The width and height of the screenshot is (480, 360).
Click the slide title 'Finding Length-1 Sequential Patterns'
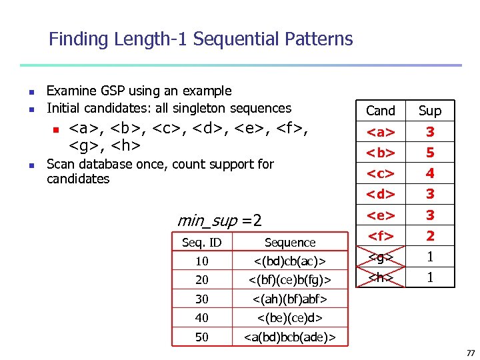pyautogui.click(x=201, y=39)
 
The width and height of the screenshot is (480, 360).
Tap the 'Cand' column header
pyautogui.click(x=381, y=111)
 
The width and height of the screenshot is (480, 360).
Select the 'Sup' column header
pyautogui.click(x=430, y=111)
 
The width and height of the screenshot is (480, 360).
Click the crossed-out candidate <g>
pyautogui.click(x=381, y=256)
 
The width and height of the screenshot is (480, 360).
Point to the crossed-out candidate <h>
pyautogui.click(x=381, y=277)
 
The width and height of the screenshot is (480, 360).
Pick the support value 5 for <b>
pyautogui.click(x=430, y=153)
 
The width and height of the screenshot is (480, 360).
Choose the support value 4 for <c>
pyautogui.click(x=430, y=173)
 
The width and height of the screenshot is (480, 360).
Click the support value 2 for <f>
pyautogui.click(x=430, y=235)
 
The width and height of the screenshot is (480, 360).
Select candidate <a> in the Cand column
pyautogui.click(x=381, y=132)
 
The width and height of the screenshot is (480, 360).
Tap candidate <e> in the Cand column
pyautogui.click(x=381, y=215)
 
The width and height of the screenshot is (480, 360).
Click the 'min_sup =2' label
pyautogui.click(x=219, y=220)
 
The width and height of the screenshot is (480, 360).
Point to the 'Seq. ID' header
pyautogui.click(x=202, y=243)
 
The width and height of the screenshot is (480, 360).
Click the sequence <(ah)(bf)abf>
pyautogui.click(x=290, y=299)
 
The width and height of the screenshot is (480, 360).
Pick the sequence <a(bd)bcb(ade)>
pyautogui.click(x=290, y=337)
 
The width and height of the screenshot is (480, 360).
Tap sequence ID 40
pyautogui.click(x=202, y=318)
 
